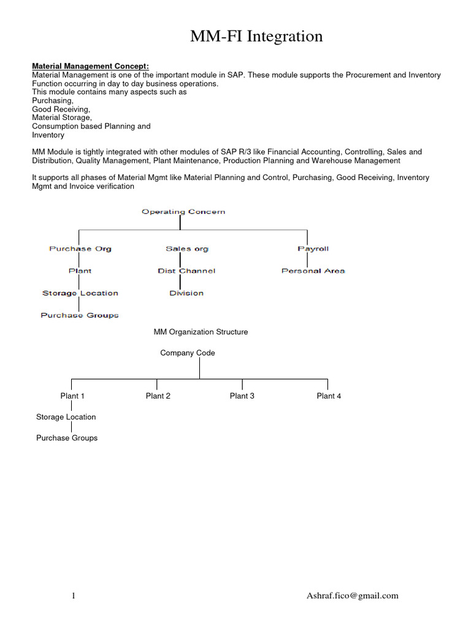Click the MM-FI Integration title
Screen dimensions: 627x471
coord(256,37)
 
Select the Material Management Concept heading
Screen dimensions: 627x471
coord(90,66)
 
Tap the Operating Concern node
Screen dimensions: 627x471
coord(183,212)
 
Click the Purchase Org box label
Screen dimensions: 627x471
coord(80,249)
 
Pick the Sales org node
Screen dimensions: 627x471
coord(187,249)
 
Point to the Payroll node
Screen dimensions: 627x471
coord(313,249)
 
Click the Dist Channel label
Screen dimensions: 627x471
coord(186,271)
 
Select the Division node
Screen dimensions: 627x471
coord(186,293)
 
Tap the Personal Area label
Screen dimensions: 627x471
coord(313,271)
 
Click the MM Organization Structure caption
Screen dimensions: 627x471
coord(201,332)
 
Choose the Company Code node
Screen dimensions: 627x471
coord(188,353)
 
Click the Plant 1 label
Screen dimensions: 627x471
coord(72,396)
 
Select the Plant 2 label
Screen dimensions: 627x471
coord(158,396)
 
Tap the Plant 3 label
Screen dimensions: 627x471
coord(242,396)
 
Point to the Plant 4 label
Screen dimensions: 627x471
coord(329,396)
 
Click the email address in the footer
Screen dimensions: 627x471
coord(353,595)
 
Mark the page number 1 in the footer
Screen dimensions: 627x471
coord(74,595)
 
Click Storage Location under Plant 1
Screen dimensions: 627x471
coord(66,417)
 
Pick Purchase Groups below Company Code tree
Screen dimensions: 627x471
coord(67,438)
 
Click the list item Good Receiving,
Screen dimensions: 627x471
coord(61,109)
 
